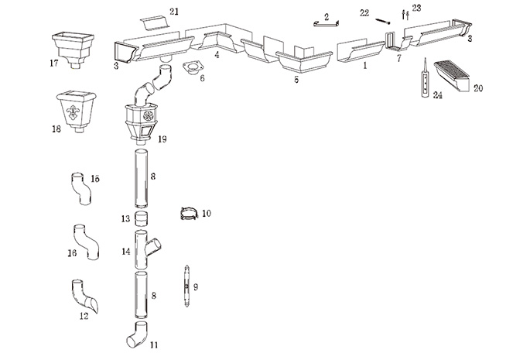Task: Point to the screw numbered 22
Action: click(x=383, y=22)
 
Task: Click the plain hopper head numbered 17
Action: click(x=71, y=46)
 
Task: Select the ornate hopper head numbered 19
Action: click(x=141, y=119)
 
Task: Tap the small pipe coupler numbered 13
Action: click(x=141, y=218)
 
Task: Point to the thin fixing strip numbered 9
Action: click(x=186, y=286)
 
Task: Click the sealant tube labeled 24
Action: click(x=424, y=77)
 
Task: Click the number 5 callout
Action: click(x=296, y=79)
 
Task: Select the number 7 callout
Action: click(x=398, y=57)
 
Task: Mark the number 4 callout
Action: click(x=217, y=55)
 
